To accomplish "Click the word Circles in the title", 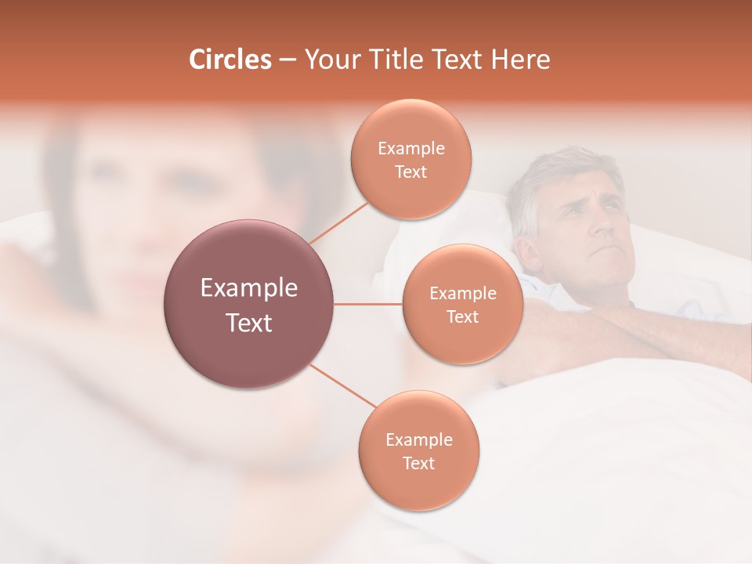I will click(x=230, y=60).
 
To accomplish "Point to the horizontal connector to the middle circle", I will click(x=368, y=304).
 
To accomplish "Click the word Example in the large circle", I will click(x=249, y=288).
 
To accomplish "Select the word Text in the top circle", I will click(x=410, y=172).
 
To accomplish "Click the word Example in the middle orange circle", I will click(x=462, y=294).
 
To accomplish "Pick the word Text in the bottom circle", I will click(x=418, y=464).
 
